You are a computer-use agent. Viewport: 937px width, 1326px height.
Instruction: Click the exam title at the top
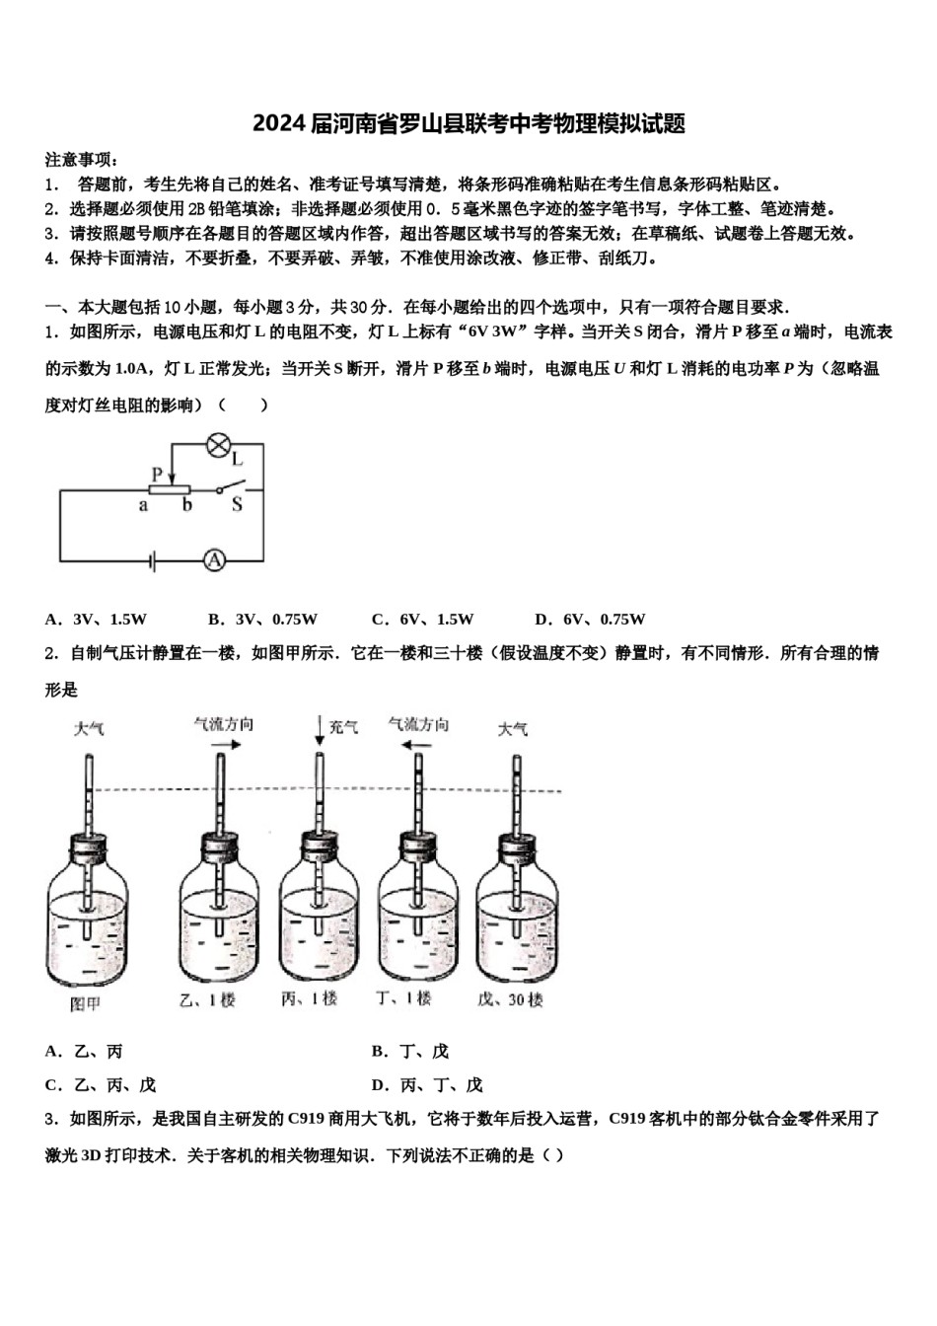(x=468, y=123)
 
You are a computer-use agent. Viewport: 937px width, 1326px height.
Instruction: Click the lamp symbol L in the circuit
(x=217, y=445)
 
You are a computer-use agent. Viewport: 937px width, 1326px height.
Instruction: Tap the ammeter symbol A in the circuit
(x=214, y=561)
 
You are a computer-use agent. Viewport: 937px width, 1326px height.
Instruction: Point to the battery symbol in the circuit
(x=151, y=561)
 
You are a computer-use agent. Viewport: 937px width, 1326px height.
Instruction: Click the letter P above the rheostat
(x=156, y=474)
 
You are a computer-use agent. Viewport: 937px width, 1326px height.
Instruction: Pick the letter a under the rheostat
(x=143, y=506)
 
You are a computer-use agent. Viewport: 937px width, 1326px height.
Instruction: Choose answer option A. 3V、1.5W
(x=96, y=620)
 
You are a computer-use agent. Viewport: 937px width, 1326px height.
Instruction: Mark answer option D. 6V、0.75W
(x=589, y=620)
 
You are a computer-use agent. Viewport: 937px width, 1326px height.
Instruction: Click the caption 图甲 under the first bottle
(x=86, y=1003)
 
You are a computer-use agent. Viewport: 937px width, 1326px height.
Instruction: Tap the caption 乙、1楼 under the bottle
(x=208, y=1000)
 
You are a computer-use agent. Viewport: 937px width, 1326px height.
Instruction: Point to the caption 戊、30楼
(x=510, y=1000)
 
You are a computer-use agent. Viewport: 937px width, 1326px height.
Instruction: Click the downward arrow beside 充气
(x=320, y=729)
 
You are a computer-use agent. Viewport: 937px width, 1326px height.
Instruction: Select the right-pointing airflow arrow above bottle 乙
(x=224, y=746)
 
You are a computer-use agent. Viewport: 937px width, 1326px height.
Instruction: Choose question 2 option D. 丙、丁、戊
(x=427, y=1085)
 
